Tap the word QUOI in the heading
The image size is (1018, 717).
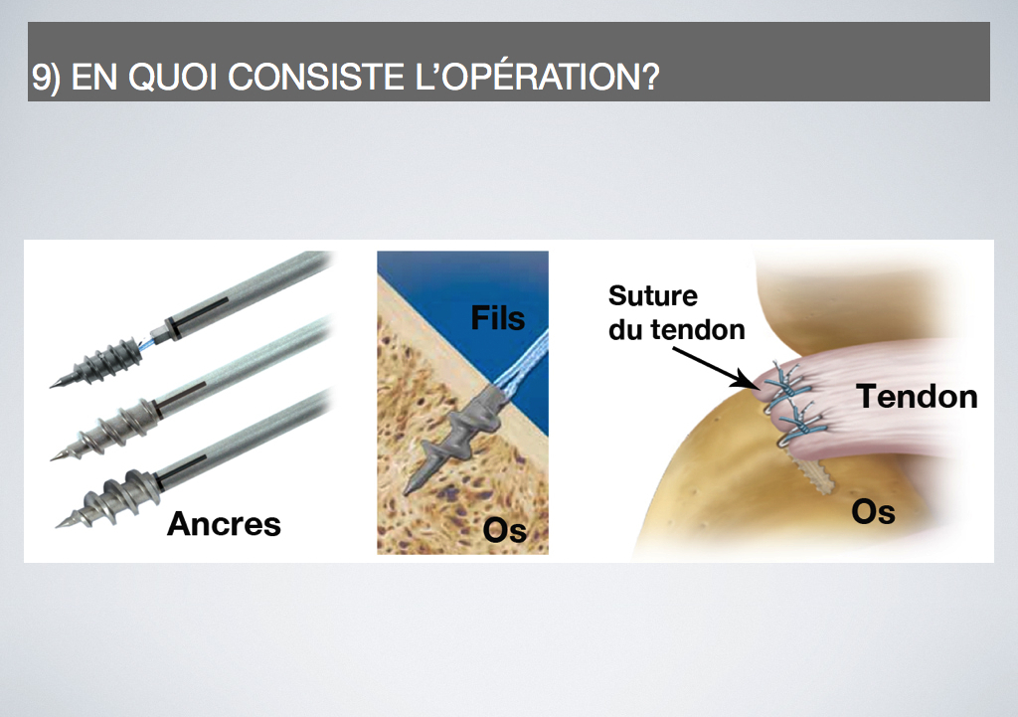click(173, 77)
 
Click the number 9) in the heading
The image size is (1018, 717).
click(46, 78)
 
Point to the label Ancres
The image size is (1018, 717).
click(224, 523)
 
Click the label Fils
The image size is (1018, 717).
click(497, 317)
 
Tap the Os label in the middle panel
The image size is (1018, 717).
click(504, 530)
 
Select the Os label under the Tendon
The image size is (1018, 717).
click(873, 512)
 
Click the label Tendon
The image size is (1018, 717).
click(917, 396)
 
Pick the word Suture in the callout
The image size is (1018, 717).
click(652, 295)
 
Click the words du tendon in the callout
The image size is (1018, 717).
click(676, 329)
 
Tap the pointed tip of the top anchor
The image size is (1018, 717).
click(51, 388)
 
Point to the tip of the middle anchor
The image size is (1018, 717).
click(52, 459)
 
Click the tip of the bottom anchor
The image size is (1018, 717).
click(57, 527)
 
